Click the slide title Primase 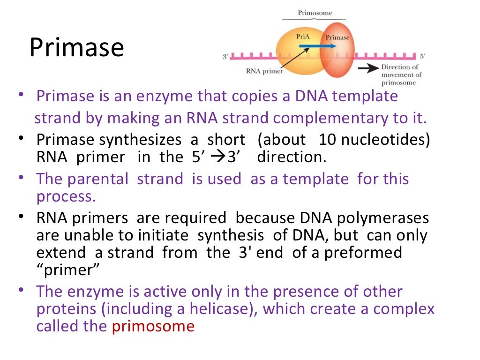76,48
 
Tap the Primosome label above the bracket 315,13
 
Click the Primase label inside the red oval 337,37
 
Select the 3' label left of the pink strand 225,57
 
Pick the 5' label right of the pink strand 422,56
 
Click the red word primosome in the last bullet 153,326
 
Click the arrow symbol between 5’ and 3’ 218,157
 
